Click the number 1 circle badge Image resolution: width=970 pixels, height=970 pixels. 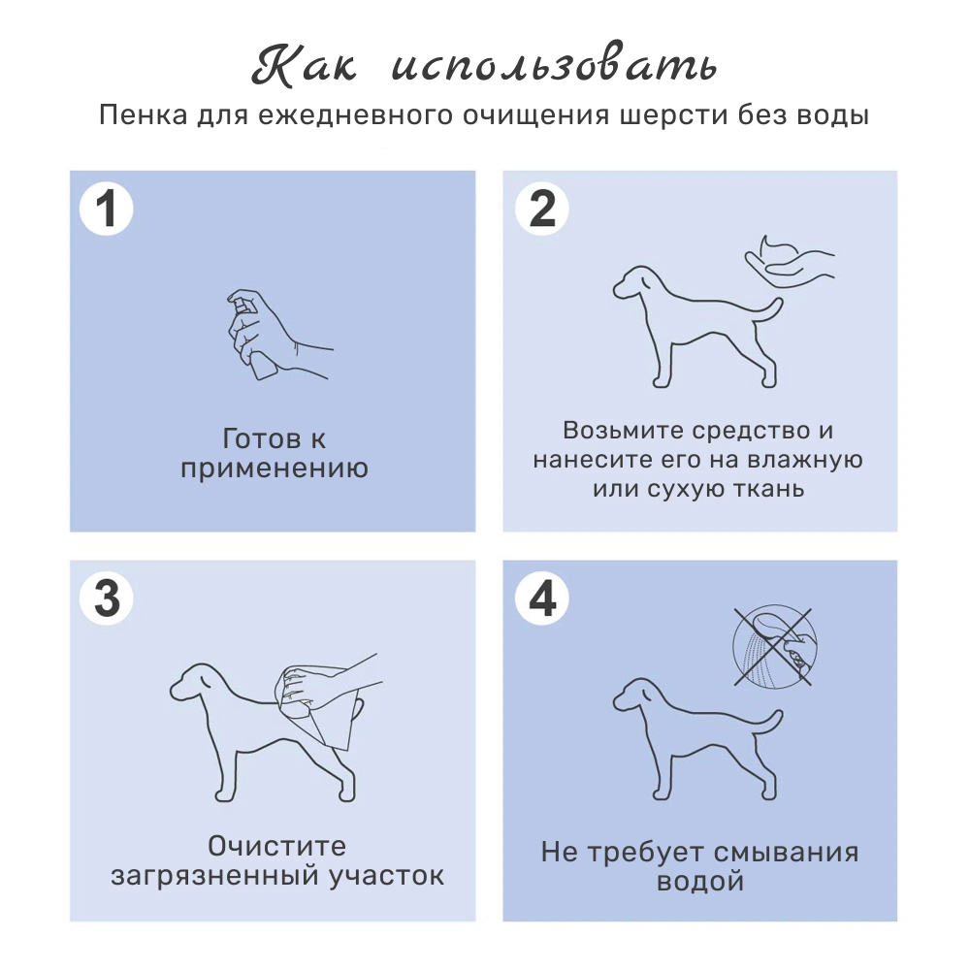[x=106, y=210]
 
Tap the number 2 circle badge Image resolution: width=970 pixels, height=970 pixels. [x=542, y=210]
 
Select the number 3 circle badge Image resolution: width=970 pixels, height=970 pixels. [x=106, y=598]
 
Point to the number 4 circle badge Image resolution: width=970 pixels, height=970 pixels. [x=542, y=598]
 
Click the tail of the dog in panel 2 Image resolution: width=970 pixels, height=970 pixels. [x=766, y=312]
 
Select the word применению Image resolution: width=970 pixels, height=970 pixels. [x=274, y=469]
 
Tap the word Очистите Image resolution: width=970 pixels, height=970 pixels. [x=276, y=846]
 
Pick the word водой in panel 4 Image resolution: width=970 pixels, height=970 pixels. [x=700, y=883]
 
